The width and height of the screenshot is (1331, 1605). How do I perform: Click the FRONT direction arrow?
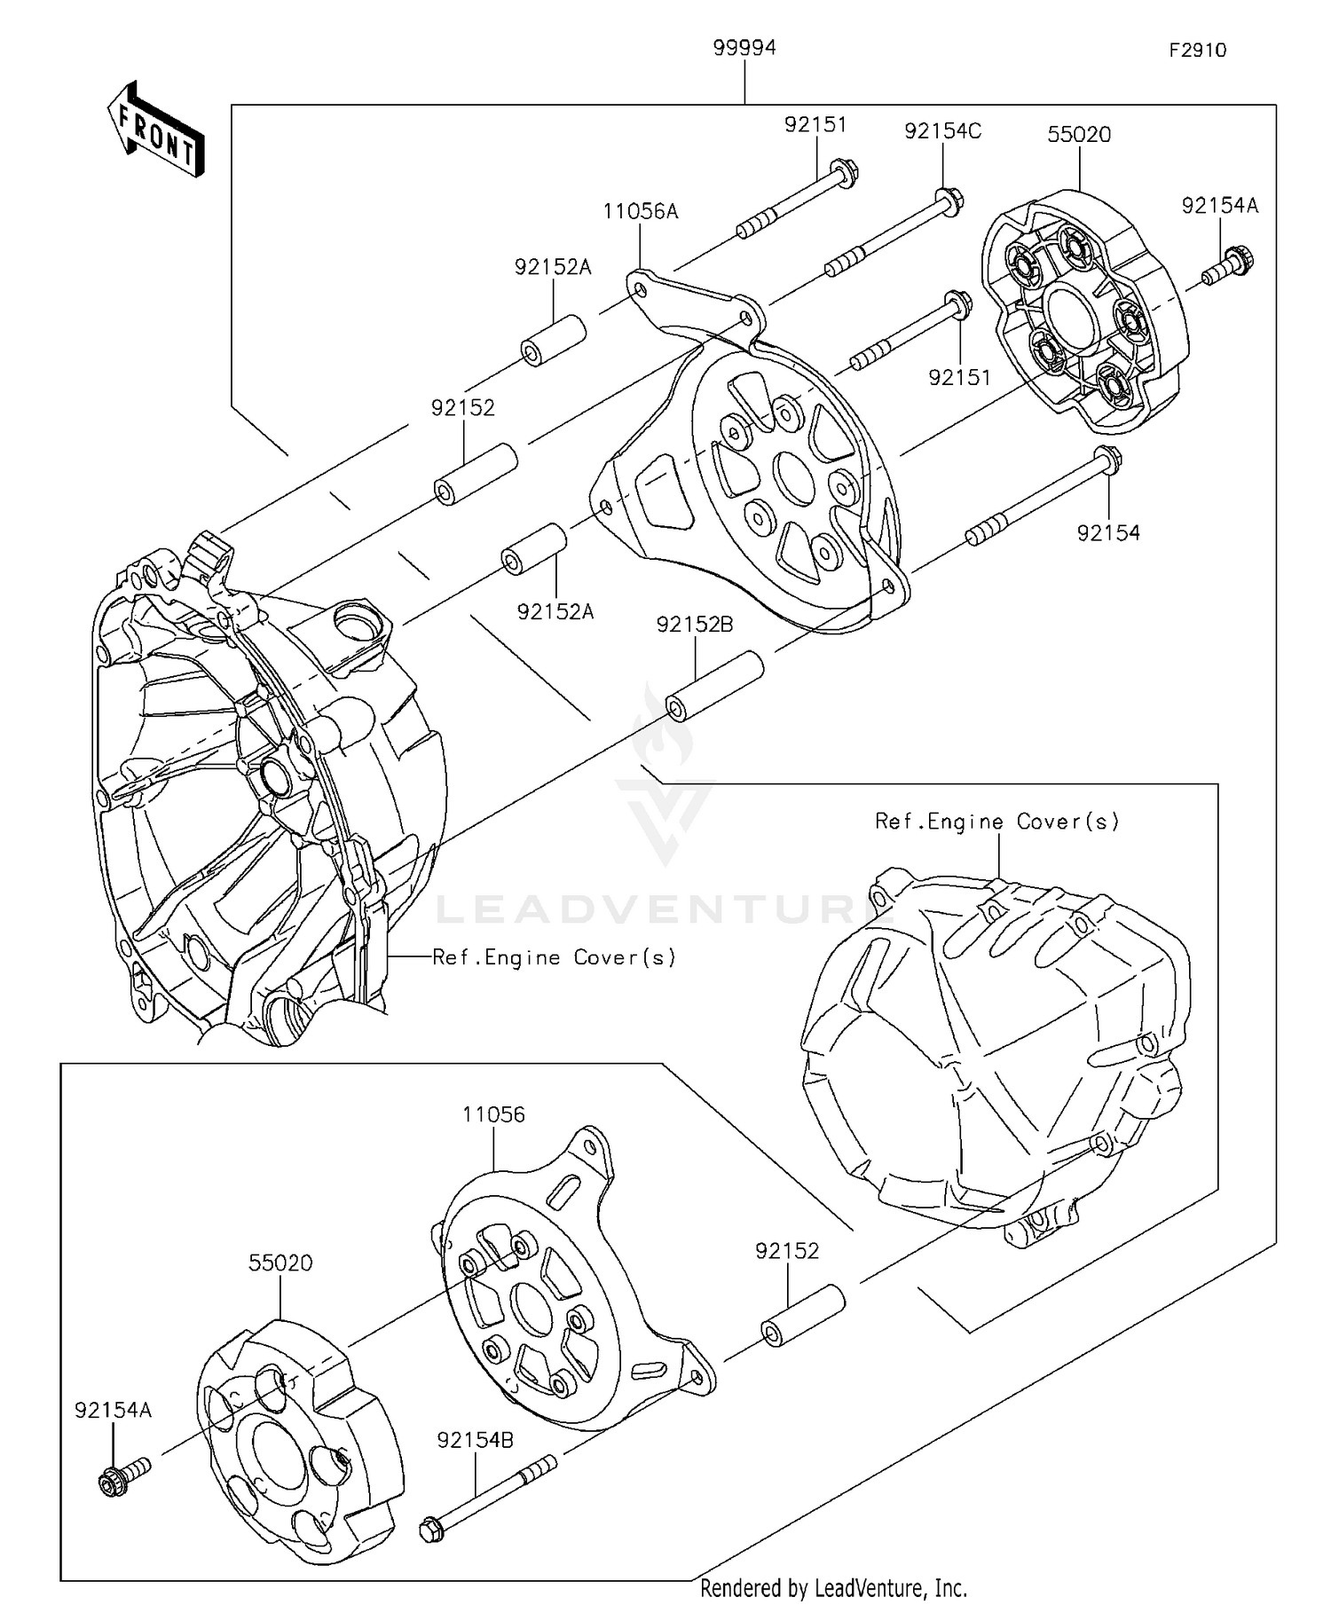[x=156, y=130]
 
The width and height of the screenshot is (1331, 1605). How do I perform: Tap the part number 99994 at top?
[x=744, y=48]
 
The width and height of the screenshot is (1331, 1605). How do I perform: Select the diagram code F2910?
[x=1197, y=51]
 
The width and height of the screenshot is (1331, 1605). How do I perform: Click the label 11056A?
[x=640, y=211]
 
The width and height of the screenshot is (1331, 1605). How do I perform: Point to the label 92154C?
[x=942, y=131]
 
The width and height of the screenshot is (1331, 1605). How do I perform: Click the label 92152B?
[x=695, y=625]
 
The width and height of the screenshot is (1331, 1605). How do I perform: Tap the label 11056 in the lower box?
[x=493, y=1114]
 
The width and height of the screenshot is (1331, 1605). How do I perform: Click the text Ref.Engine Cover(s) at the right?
[x=996, y=822]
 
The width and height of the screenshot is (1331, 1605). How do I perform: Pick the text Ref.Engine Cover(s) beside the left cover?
[x=554, y=957]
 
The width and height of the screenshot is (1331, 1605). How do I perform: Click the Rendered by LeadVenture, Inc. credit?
[x=833, y=1587]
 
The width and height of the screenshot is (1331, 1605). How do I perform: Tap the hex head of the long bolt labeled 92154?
[x=1108, y=460]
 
